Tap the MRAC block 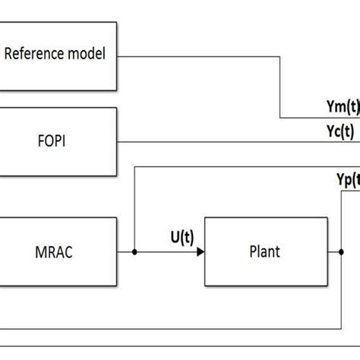(x=58, y=251)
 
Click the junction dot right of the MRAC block (x=134, y=251)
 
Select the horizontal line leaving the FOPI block (x=228, y=141)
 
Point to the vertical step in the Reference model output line (x=282, y=87)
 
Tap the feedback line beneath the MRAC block (x=175, y=328)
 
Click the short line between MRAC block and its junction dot (x=126, y=251)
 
